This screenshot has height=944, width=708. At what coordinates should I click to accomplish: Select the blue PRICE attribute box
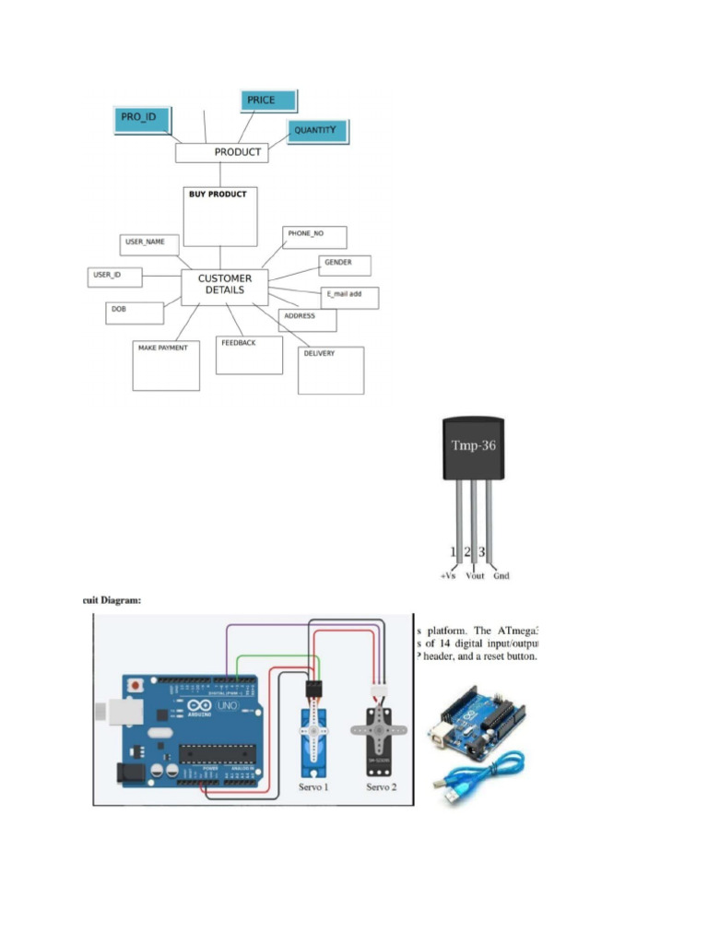tap(270, 101)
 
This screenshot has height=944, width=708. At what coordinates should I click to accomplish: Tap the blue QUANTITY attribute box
tap(317, 131)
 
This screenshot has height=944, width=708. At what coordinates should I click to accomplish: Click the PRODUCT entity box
tap(221, 152)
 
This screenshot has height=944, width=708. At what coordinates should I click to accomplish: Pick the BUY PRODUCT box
tap(220, 217)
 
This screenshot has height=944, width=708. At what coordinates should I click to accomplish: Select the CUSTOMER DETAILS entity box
tap(224, 287)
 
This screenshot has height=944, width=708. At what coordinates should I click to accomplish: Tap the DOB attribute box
tap(136, 313)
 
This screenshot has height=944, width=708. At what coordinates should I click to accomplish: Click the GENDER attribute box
tap(345, 265)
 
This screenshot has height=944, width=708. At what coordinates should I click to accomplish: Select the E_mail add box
tap(349, 297)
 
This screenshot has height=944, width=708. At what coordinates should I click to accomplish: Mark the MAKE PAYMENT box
tap(166, 366)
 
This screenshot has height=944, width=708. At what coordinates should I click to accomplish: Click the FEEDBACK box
tap(249, 355)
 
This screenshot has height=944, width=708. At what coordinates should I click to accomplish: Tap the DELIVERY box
tap(332, 370)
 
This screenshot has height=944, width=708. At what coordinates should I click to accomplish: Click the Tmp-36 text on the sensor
tap(473, 445)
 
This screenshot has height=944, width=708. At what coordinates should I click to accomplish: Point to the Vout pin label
tap(475, 576)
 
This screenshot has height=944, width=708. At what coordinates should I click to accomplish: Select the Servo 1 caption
tap(313, 787)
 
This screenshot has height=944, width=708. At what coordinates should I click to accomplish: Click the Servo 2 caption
tap(382, 787)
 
